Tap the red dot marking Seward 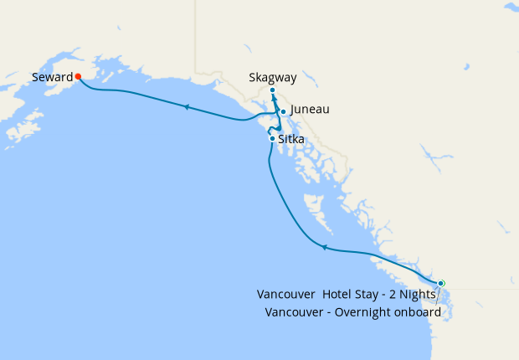click(x=78, y=76)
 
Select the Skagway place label click(x=273, y=78)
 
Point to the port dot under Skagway click(x=273, y=90)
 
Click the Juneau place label click(x=310, y=110)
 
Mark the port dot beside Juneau click(x=284, y=111)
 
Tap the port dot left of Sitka click(x=272, y=138)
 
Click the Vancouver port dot click(x=441, y=283)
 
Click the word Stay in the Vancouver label click(x=369, y=294)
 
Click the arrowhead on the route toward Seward click(x=185, y=106)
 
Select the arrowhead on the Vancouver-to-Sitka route click(x=324, y=247)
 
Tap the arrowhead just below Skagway click(x=274, y=100)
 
